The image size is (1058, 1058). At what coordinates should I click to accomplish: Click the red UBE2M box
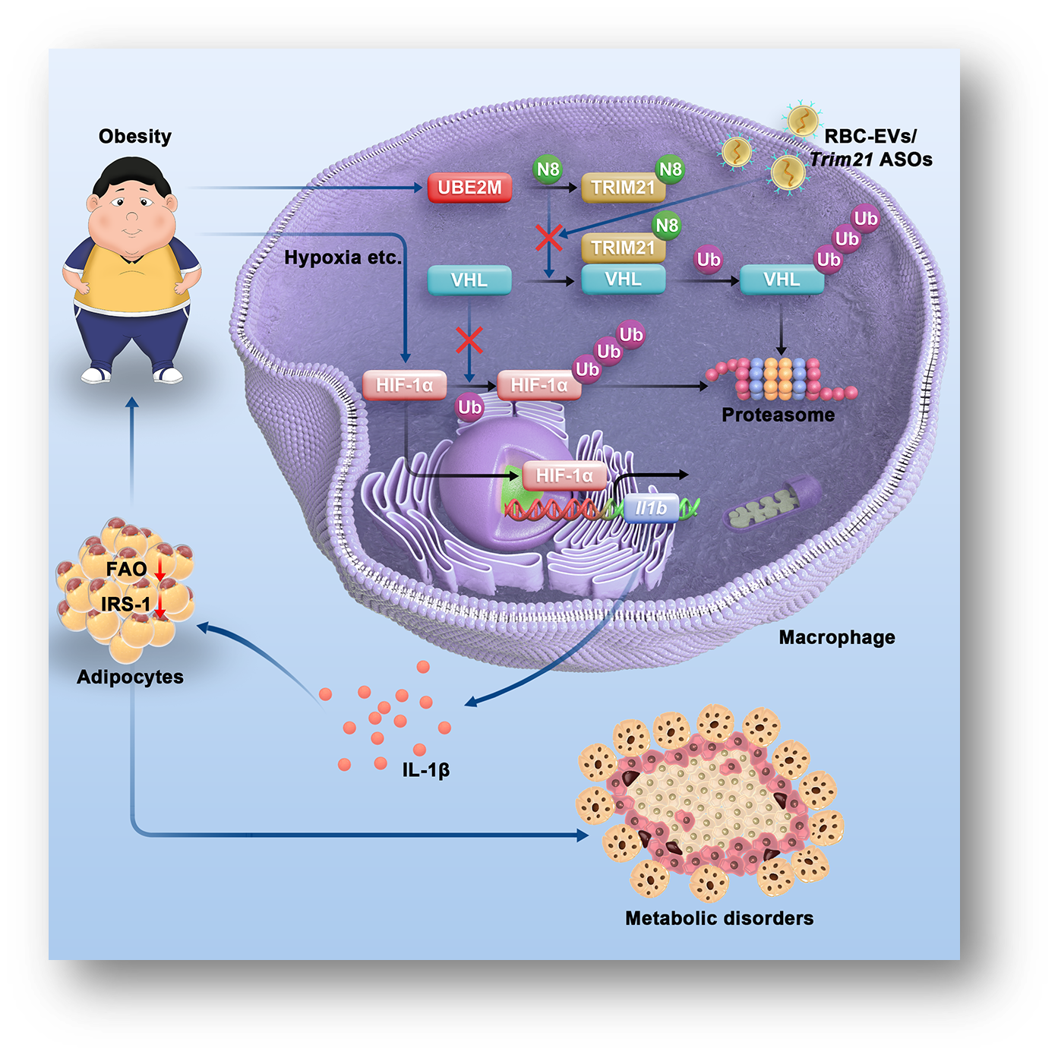point(469,188)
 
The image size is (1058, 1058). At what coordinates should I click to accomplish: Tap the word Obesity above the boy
point(135,137)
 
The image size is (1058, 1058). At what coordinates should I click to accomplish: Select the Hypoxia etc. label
point(343,258)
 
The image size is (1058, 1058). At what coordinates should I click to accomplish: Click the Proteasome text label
point(778,415)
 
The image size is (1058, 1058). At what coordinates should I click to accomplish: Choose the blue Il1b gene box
point(651,508)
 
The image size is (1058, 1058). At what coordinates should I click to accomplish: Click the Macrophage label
point(836,637)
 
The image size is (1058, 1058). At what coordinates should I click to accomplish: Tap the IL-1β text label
point(426,770)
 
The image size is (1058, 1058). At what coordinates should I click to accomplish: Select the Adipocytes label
point(130,677)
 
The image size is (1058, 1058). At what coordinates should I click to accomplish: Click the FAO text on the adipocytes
point(126,569)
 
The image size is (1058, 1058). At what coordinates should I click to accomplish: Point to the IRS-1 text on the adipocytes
point(125,605)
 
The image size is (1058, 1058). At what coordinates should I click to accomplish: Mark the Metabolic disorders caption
point(718,918)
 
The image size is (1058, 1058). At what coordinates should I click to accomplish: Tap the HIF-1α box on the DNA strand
point(564,476)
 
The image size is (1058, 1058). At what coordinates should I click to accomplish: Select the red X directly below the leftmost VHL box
point(469,340)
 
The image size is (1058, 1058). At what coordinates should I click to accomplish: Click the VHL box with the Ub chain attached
point(782,280)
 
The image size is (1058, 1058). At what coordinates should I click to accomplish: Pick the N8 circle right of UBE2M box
point(548,169)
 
